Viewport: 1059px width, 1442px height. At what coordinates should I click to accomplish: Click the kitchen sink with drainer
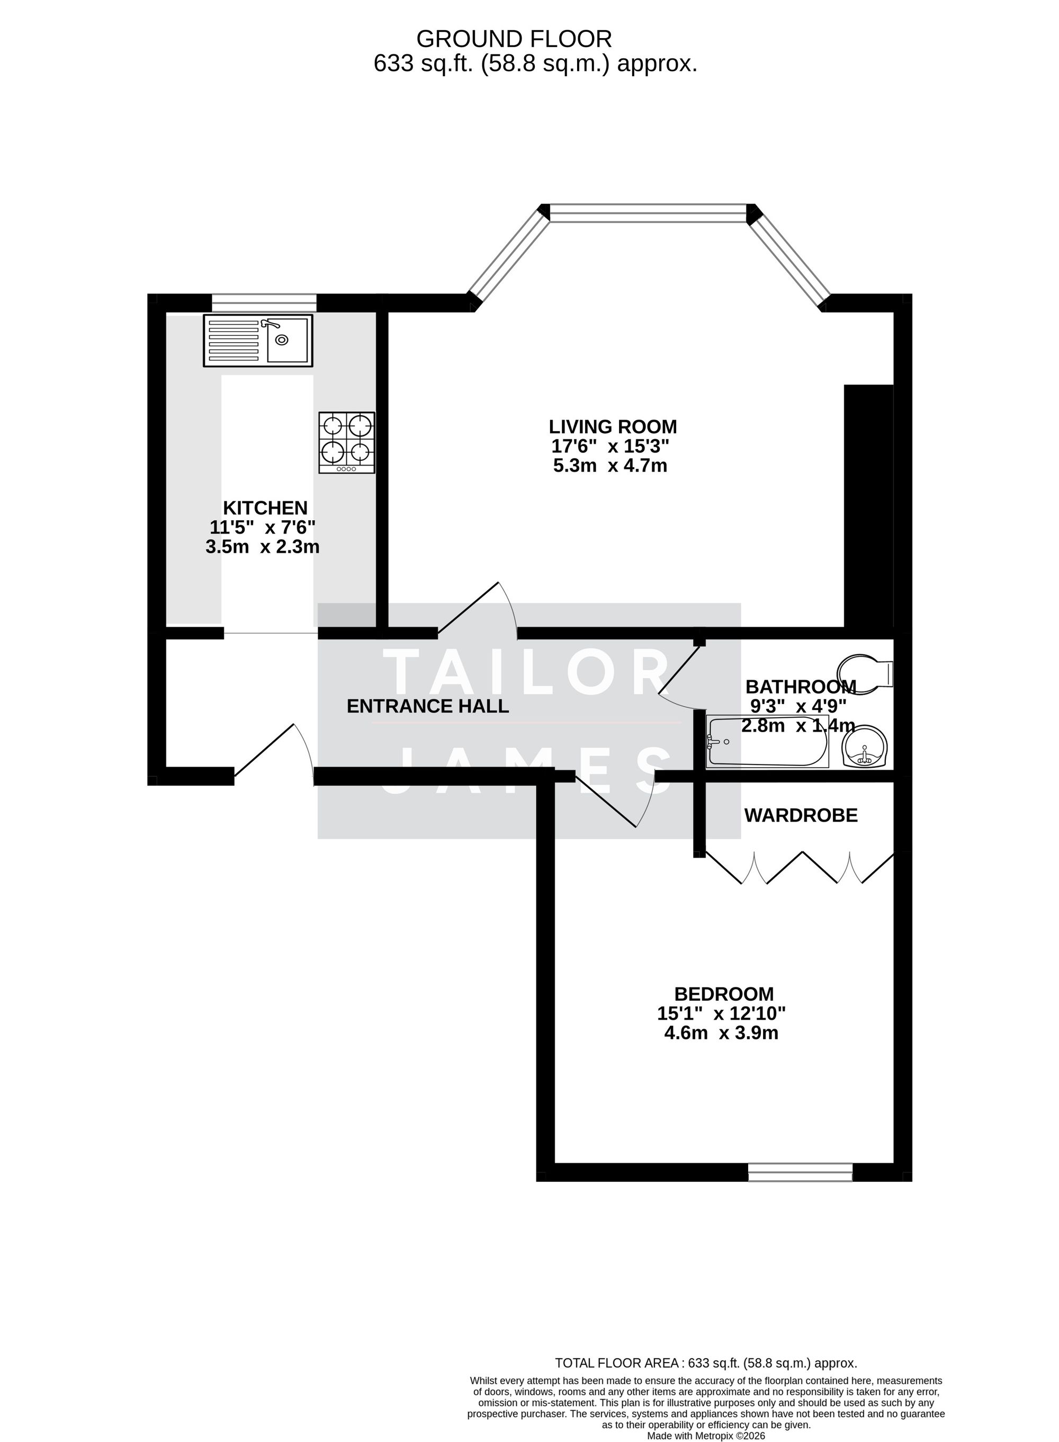tap(258, 341)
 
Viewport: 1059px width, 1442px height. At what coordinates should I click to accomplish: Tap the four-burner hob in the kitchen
tap(347, 442)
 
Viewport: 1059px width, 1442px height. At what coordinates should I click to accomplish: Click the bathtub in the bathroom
tap(767, 742)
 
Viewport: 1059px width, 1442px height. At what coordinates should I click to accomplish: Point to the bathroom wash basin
tap(865, 746)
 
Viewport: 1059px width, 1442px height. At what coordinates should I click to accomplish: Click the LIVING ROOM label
tap(612, 426)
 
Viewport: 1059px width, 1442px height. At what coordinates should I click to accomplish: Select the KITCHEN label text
tap(265, 508)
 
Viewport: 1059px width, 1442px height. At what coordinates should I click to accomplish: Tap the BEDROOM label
tap(724, 994)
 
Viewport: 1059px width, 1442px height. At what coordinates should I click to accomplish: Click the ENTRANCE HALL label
tap(428, 706)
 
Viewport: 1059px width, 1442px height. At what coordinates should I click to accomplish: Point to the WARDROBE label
tap(801, 816)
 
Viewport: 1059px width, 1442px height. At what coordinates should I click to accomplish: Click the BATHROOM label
tap(801, 687)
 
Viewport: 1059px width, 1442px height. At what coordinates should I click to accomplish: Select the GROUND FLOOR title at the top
tap(514, 39)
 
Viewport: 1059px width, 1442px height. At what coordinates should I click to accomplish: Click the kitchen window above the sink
tap(264, 302)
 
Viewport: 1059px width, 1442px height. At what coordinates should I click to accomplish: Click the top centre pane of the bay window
tap(648, 213)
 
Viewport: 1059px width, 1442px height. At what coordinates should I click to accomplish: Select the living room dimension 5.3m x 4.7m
tap(609, 466)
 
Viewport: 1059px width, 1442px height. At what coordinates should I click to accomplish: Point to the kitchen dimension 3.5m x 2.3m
tap(262, 547)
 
